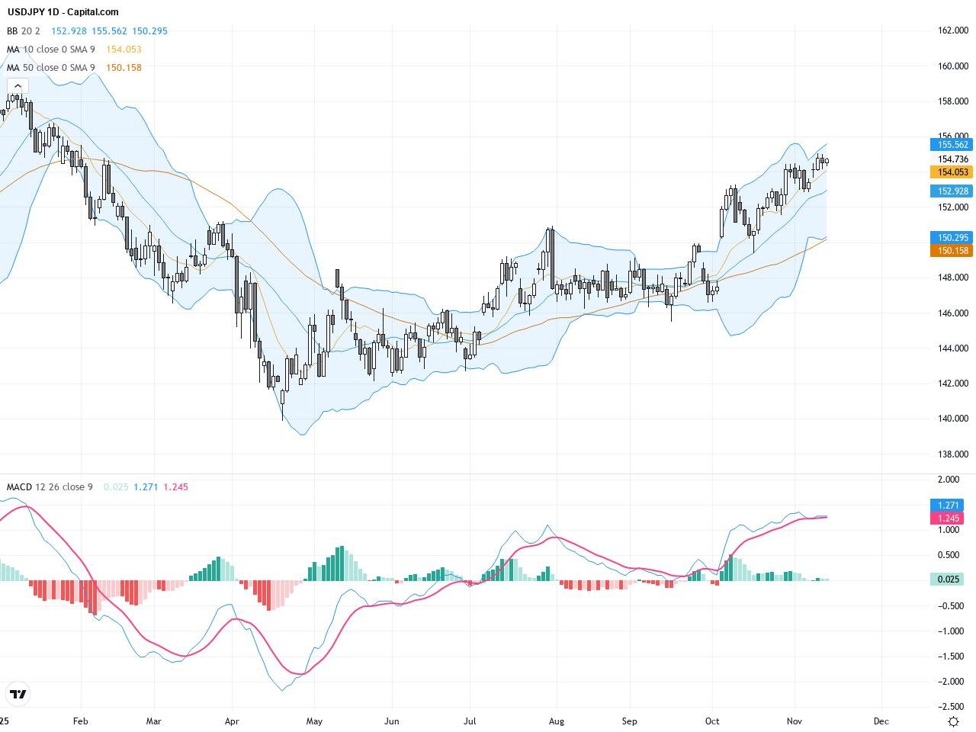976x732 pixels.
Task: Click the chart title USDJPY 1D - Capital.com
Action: coord(63,12)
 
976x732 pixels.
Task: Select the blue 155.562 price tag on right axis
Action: coord(952,145)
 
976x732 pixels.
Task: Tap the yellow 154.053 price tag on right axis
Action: coord(952,172)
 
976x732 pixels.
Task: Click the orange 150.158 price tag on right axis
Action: coord(952,251)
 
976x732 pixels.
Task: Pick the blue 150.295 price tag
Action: coord(952,238)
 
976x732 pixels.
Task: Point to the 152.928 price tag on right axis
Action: coord(952,191)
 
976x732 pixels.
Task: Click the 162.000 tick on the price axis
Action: coord(952,30)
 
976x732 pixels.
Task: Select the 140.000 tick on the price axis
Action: coord(952,419)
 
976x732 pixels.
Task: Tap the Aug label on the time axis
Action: coord(557,721)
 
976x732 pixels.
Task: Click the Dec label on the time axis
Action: coord(881,721)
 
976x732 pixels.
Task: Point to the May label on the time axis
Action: coord(314,721)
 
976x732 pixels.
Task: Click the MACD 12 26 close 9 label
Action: coord(50,487)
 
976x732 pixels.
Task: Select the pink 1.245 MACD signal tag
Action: coord(948,518)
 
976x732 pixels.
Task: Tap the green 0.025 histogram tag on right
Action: coord(948,579)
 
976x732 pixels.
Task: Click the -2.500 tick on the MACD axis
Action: coord(949,707)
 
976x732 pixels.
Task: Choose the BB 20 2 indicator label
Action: coord(23,31)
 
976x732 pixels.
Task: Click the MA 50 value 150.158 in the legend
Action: coord(124,68)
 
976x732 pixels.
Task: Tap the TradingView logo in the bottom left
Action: coord(18,694)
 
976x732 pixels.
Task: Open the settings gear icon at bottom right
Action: coord(953,721)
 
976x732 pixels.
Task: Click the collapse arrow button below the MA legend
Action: coord(18,86)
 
